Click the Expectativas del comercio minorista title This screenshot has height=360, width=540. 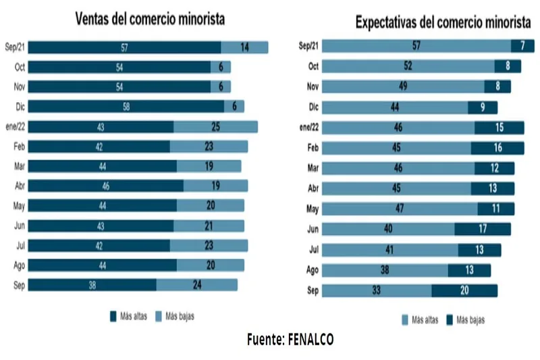pyautogui.click(x=443, y=22)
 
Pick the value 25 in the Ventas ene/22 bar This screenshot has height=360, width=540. pyautogui.click(x=215, y=127)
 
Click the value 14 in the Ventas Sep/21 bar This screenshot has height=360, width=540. pyautogui.click(x=244, y=47)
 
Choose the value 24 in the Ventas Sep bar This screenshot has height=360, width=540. pyautogui.click(x=196, y=285)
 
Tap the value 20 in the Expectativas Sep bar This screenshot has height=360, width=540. pyautogui.click(x=464, y=290)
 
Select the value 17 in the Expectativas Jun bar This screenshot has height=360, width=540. pyautogui.click(x=481, y=230)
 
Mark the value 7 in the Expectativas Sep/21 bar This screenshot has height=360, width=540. pyautogui.click(x=522, y=46)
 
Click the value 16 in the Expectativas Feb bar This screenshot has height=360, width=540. pyautogui.click(x=497, y=148)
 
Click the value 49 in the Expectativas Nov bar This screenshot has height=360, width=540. pyautogui.click(x=403, y=86)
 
